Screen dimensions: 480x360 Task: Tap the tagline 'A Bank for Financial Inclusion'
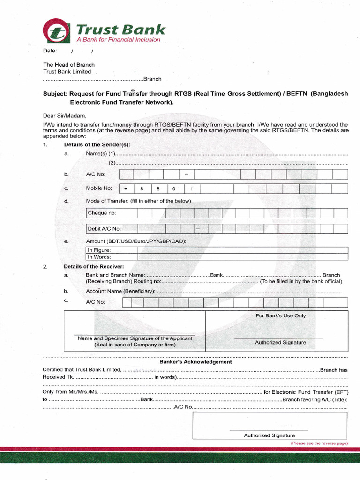(x=118, y=40)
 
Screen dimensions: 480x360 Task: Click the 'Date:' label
(x=50, y=51)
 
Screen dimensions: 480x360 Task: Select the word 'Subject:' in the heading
(x=55, y=93)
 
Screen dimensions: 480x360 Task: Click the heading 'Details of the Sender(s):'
(x=97, y=144)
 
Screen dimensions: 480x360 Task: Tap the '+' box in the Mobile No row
(x=126, y=188)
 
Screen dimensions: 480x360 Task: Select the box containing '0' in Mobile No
(x=173, y=188)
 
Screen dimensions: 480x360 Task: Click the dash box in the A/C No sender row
(x=186, y=174)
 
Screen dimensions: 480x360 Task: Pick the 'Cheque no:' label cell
(x=112, y=213)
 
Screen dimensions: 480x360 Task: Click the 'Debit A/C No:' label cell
(x=112, y=229)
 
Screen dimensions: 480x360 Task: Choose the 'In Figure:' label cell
(x=112, y=250)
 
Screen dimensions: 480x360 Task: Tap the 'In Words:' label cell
(x=112, y=257)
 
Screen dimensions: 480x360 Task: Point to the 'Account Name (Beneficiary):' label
(x=120, y=291)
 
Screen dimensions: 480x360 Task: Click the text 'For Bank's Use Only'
(x=280, y=315)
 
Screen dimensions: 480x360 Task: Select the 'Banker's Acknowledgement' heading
(x=195, y=362)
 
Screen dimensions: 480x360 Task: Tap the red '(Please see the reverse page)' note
(x=319, y=443)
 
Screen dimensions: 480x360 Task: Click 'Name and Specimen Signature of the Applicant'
(x=135, y=338)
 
